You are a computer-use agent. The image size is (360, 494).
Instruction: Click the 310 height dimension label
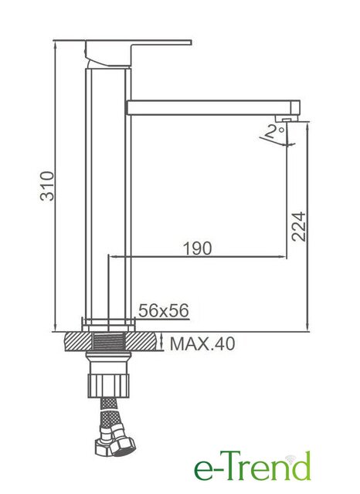tap(47, 186)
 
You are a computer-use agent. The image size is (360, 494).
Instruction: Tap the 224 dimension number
tap(298, 226)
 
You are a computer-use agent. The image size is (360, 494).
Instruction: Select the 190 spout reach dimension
tap(198, 249)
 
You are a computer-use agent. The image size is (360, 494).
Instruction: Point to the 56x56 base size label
tap(164, 310)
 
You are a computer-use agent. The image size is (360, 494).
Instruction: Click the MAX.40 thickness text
tap(202, 343)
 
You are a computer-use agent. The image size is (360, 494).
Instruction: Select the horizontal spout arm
tap(213, 107)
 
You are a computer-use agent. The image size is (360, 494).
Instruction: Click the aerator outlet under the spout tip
tap(287, 118)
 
